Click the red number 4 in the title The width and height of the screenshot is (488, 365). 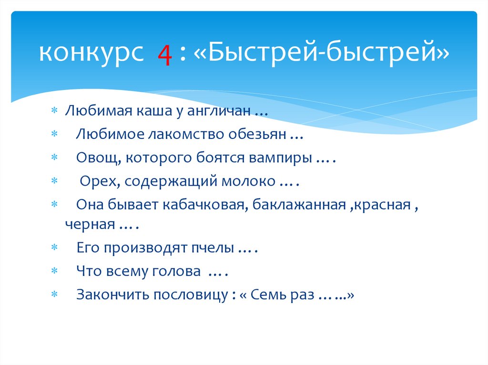pyautogui.click(x=165, y=56)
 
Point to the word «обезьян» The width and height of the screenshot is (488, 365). pyautogui.click(x=258, y=134)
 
